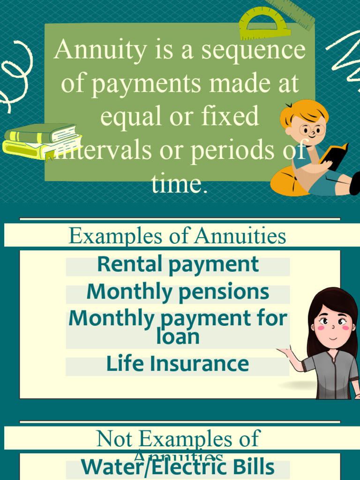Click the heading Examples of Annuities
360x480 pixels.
pyautogui.click(x=177, y=236)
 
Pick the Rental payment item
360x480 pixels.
pyautogui.click(x=178, y=264)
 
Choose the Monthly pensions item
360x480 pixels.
pyautogui.click(x=178, y=292)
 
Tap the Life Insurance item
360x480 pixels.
pyautogui.click(x=178, y=364)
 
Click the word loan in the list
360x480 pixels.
pyautogui.click(x=178, y=337)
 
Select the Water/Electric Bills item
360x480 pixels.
pyautogui.click(x=178, y=467)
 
